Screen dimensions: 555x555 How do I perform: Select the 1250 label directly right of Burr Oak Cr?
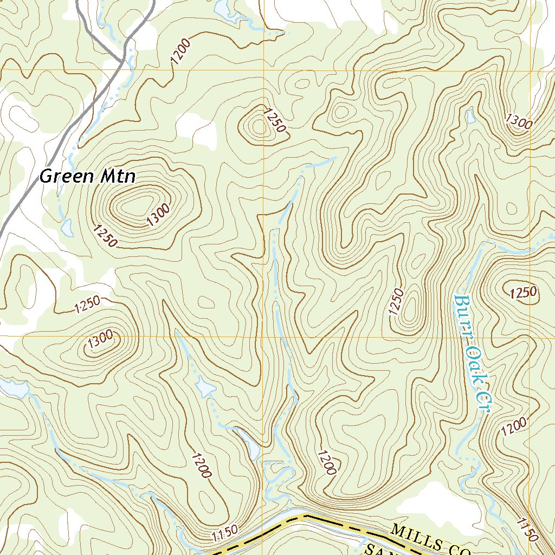pos(524,293)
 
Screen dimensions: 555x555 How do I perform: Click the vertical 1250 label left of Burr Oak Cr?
pos(396,301)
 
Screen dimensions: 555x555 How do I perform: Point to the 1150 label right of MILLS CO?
pos(526,529)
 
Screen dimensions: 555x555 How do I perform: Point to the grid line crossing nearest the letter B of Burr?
pos(530,335)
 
